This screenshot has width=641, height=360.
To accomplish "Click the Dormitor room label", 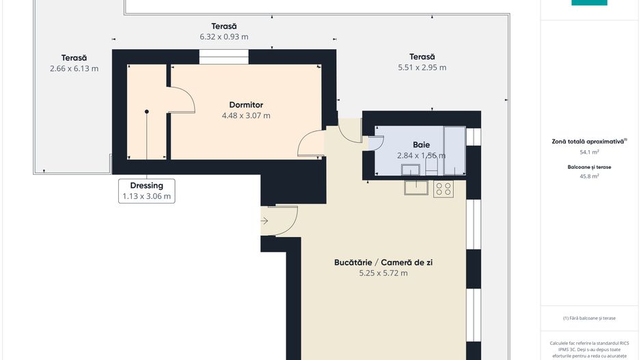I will tap(246, 105).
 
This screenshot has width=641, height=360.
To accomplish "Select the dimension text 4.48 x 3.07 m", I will tap(246, 115).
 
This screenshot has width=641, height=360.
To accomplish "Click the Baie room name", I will tap(421, 145).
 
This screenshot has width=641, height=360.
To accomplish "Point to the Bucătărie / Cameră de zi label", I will tap(383, 262).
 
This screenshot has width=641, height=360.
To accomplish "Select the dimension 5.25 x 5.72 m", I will tap(383, 273).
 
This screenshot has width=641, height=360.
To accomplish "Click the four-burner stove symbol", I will tap(443, 189).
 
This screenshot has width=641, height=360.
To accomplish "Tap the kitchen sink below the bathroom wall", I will tap(415, 187).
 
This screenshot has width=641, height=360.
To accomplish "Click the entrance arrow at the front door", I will tap(264, 221).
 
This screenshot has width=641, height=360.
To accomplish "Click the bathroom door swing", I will tap(375, 141).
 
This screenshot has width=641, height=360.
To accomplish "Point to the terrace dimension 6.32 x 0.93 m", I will tap(223, 36).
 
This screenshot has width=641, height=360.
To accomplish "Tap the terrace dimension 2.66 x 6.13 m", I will tap(74, 68).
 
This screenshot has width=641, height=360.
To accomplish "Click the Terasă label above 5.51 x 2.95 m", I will tap(422, 57).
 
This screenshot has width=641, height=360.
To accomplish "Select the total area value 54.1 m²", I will tap(588, 152).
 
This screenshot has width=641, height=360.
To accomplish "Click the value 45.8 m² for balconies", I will tap(588, 176).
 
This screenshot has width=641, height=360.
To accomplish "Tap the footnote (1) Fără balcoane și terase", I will tap(589, 318).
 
